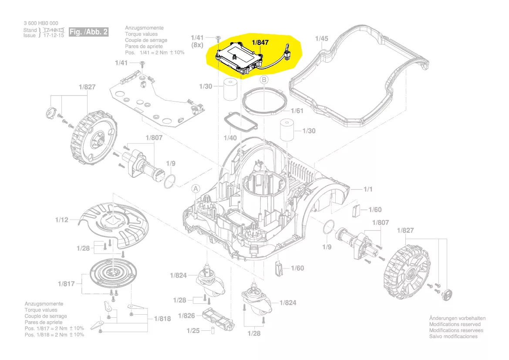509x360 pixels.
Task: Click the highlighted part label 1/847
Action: pos(260,42)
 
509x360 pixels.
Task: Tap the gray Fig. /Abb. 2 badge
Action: pos(89,32)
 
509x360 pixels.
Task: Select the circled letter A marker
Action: pos(196,189)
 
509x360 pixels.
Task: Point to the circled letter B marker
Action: pos(264,80)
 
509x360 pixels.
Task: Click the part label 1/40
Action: pos(230,138)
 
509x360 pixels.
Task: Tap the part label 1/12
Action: pos(62,220)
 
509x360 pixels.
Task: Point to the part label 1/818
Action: pos(162,319)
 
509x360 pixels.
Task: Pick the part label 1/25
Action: pos(193,331)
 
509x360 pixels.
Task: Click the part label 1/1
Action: pos(368,189)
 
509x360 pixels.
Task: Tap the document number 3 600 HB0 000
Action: pos(40,23)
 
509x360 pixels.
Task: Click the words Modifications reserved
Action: pos(455,324)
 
